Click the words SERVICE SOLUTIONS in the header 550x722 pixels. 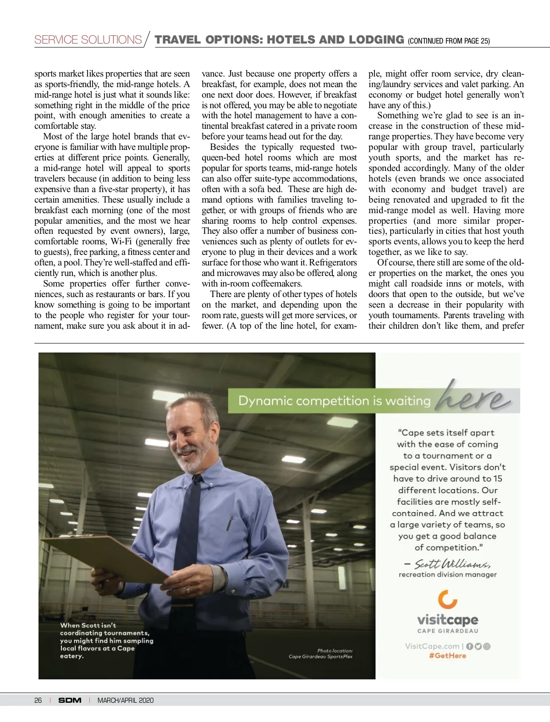(x=88, y=40)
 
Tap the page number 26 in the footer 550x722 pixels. (x=38, y=700)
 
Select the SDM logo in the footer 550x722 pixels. (x=70, y=700)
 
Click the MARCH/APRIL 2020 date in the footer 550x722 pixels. (x=126, y=700)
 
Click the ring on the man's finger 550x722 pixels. (x=187, y=590)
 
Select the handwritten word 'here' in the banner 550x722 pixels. (x=472, y=398)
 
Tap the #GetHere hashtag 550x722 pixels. (x=447, y=656)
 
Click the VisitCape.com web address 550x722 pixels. (x=432, y=646)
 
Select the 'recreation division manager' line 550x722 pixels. (x=447, y=574)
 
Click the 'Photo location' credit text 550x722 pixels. (x=335, y=650)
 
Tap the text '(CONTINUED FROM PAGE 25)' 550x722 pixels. (x=449, y=41)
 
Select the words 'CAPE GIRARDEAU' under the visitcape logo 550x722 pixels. (x=447, y=631)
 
